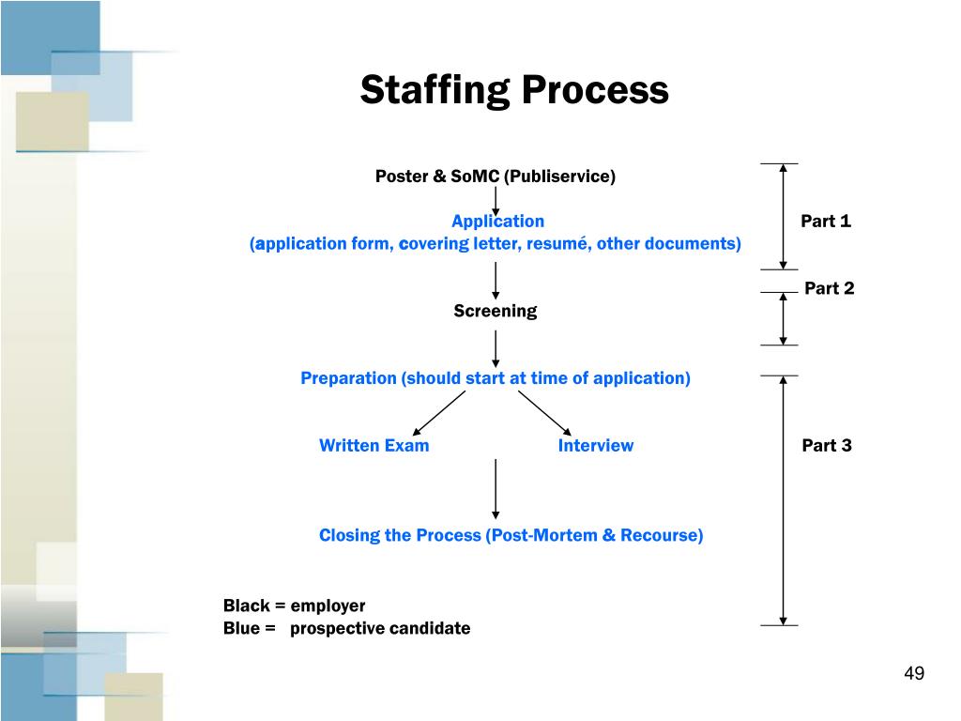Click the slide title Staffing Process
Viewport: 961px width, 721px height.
pyautogui.click(x=514, y=91)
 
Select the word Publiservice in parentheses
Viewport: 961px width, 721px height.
pyautogui.click(x=559, y=176)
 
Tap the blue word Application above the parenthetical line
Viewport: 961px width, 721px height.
pyautogui.click(x=497, y=222)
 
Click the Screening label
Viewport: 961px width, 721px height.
pyautogui.click(x=495, y=312)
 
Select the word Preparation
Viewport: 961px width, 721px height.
pyautogui.click(x=349, y=378)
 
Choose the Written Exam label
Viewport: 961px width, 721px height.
pyautogui.click(x=374, y=446)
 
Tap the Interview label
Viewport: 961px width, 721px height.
pyautogui.click(x=595, y=446)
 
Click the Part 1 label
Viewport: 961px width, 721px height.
pyautogui.click(x=825, y=222)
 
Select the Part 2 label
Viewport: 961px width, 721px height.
pyautogui.click(x=829, y=289)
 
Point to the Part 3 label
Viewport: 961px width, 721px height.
pyautogui.click(x=826, y=446)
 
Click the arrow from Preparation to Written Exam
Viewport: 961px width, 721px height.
pyautogui.click(x=439, y=413)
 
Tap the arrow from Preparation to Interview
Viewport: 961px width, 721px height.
pyautogui.click(x=544, y=413)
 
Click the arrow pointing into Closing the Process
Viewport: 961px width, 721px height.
pyautogui.click(x=495, y=488)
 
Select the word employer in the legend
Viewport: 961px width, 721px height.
pyautogui.click(x=328, y=606)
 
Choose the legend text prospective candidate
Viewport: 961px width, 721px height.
pyautogui.click(x=380, y=629)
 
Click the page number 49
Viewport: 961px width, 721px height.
pyautogui.click(x=914, y=674)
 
